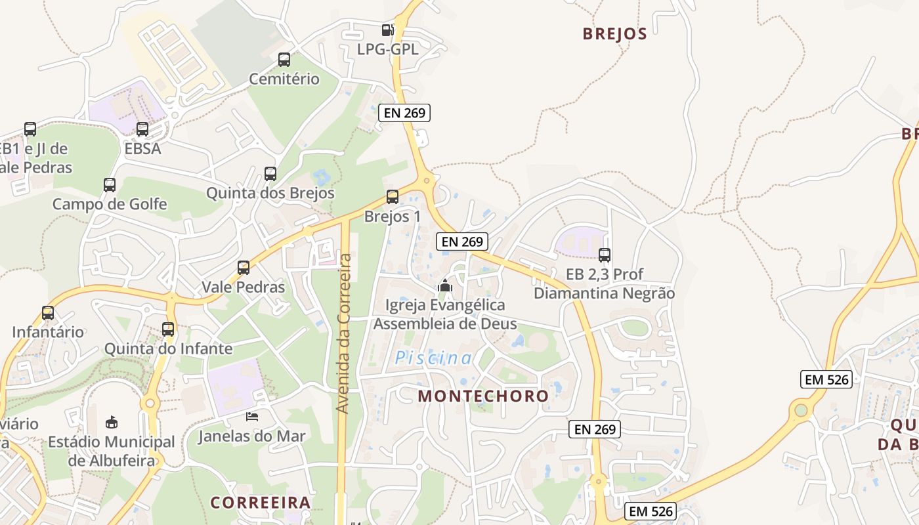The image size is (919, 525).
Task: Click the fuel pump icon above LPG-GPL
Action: click(x=388, y=30)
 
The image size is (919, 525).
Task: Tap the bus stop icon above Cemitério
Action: click(x=284, y=60)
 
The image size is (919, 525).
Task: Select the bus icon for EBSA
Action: click(x=142, y=129)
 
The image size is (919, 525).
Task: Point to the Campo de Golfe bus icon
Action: click(x=110, y=185)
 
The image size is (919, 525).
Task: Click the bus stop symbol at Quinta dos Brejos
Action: click(x=270, y=174)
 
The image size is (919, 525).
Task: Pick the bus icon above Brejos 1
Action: click(x=393, y=197)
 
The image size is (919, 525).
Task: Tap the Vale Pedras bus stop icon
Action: click(x=244, y=268)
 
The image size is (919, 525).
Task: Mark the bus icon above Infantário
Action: click(x=48, y=313)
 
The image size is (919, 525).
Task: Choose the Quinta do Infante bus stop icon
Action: click(x=168, y=329)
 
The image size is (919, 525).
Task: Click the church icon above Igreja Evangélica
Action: click(x=445, y=285)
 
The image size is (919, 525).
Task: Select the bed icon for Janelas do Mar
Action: click(x=252, y=416)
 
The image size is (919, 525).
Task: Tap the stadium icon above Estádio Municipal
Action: click(x=112, y=422)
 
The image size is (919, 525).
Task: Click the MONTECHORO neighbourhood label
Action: click(x=483, y=396)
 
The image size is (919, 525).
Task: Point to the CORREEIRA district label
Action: click(x=260, y=503)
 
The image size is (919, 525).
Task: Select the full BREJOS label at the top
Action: click(x=614, y=34)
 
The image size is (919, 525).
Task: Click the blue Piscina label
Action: click(x=433, y=358)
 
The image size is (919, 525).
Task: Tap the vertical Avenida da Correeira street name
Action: click(x=343, y=333)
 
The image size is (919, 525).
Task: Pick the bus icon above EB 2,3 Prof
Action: click(x=605, y=255)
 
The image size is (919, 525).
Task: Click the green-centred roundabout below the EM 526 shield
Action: click(x=801, y=411)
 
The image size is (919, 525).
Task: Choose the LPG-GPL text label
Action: click(x=387, y=49)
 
